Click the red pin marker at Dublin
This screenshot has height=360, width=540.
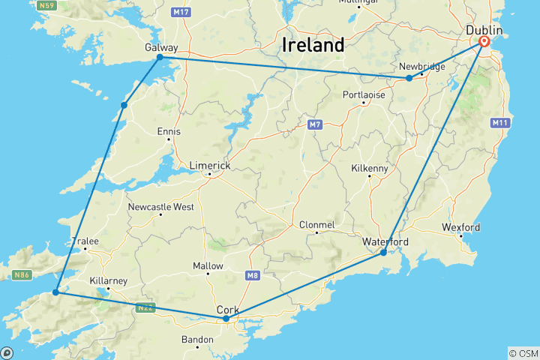484,43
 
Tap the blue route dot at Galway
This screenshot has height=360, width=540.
160,57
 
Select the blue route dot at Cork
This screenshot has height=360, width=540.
226,319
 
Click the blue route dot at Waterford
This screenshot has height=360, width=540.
383,253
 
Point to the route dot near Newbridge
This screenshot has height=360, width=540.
409,78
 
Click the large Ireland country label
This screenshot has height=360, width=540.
313,44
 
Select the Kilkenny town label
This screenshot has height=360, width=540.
369,169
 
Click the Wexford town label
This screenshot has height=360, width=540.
461,227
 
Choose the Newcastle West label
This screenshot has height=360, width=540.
160,206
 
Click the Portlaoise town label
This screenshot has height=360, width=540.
364,94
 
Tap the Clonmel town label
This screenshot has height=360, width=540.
316,224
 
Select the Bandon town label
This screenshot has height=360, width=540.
197,339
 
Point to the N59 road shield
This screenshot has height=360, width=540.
48,5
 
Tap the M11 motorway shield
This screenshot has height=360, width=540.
499,122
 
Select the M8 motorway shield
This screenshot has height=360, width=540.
251,276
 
